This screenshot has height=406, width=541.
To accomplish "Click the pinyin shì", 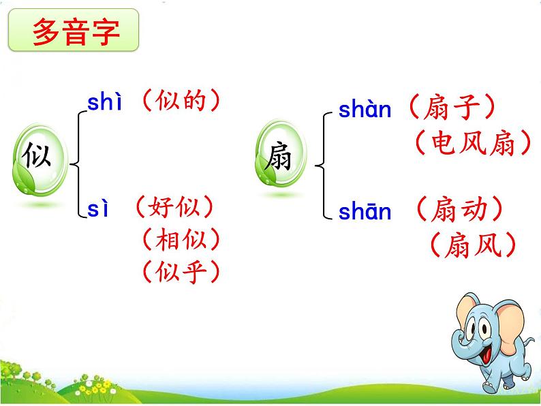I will pyautogui.click(x=104, y=102).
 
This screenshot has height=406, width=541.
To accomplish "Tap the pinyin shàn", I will pyautogui.click(x=365, y=110).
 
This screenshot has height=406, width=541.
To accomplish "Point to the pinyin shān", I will pyautogui.click(x=365, y=213).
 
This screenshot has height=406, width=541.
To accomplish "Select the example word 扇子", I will pyautogui.click(x=451, y=108).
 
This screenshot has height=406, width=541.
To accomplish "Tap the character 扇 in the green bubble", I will pyautogui.click(x=279, y=158).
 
